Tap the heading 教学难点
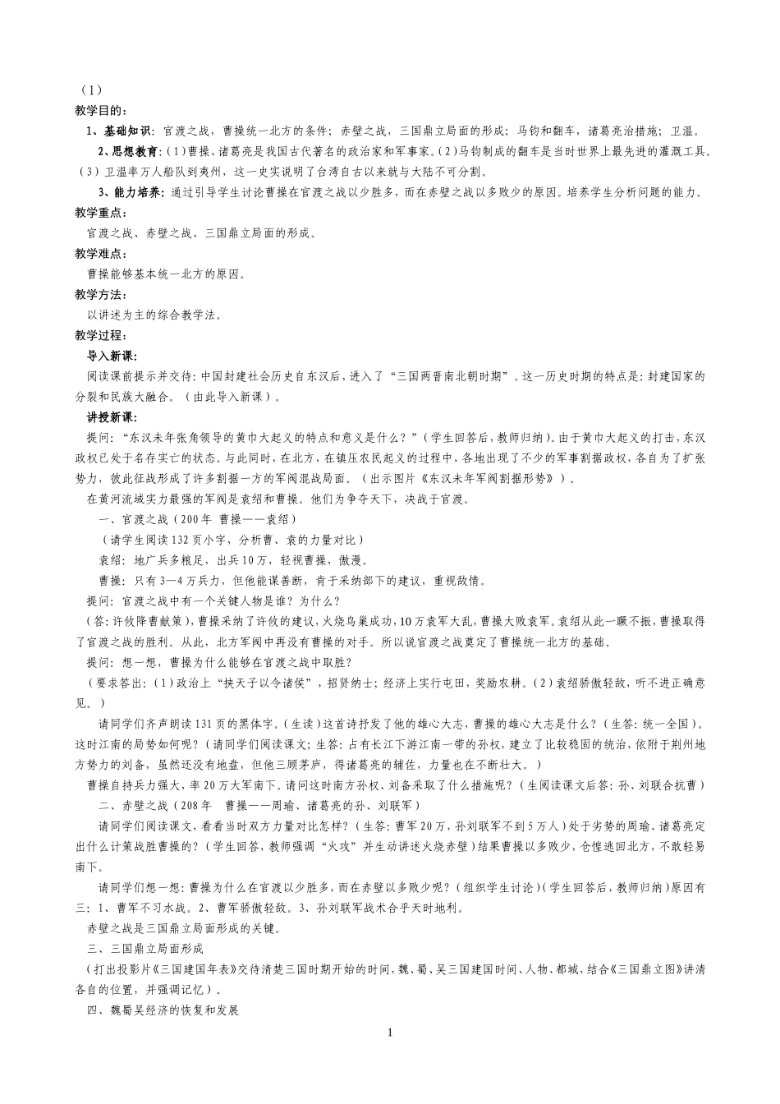click(x=99, y=254)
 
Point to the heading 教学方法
click(x=99, y=295)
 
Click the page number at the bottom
click(x=390, y=1033)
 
